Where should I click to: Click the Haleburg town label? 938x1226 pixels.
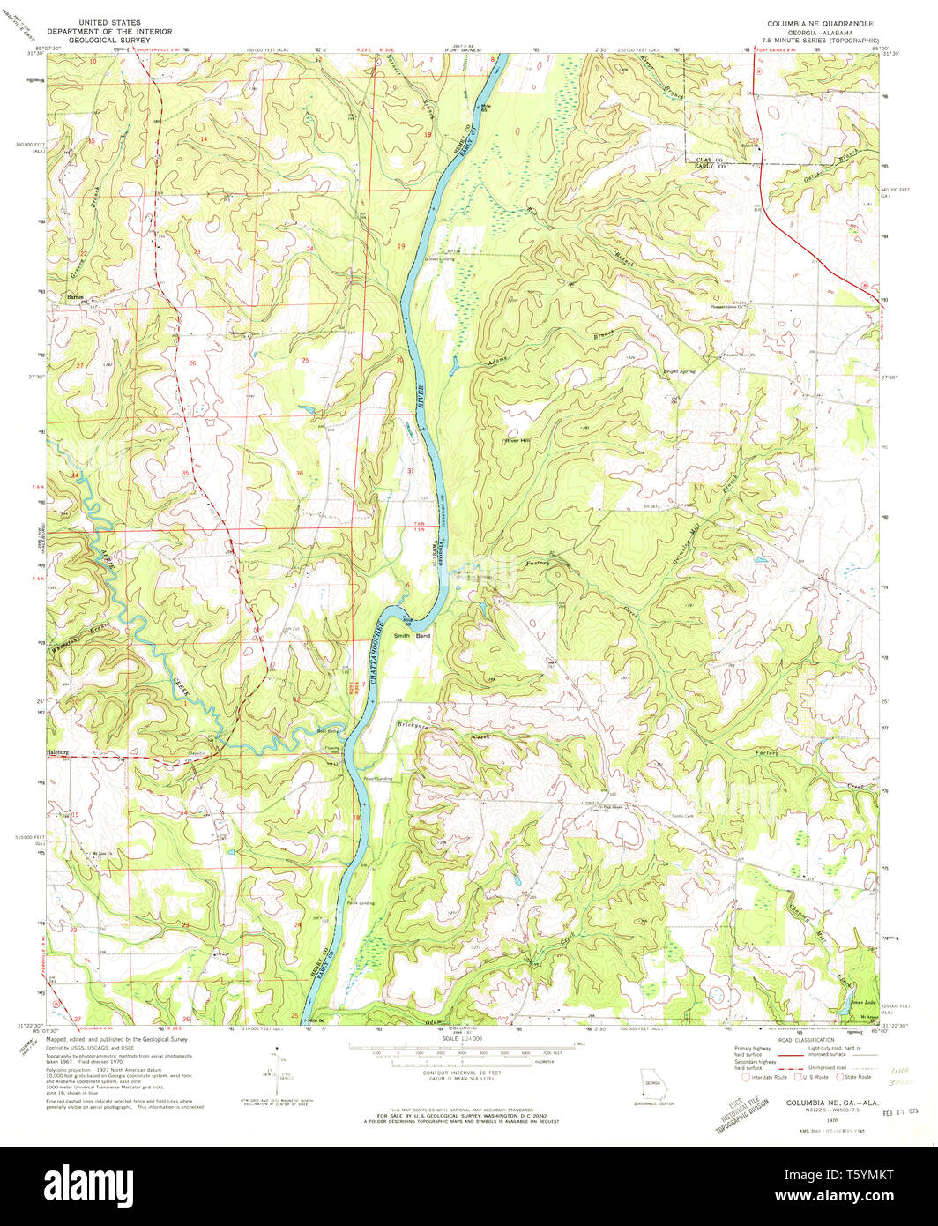(x=56, y=752)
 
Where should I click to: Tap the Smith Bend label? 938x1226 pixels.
(x=411, y=635)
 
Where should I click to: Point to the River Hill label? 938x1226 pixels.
(x=517, y=441)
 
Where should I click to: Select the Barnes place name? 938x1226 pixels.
(x=75, y=298)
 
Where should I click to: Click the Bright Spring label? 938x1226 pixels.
(x=680, y=371)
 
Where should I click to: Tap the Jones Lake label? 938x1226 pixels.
(x=863, y=1004)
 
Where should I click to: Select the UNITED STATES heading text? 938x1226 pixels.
(x=109, y=22)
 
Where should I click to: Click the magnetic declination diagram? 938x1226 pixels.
(x=278, y=1072)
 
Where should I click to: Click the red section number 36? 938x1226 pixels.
(x=300, y=474)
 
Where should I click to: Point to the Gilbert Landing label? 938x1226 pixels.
(x=439, y=259)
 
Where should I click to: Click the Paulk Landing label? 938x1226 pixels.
(x=362, y=902)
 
